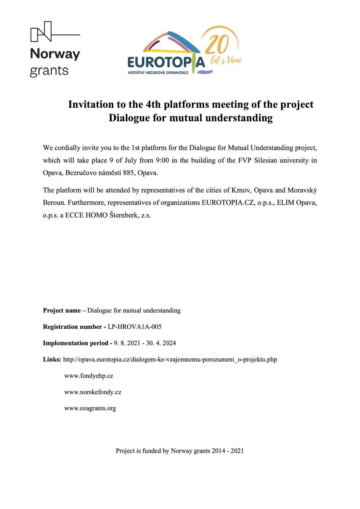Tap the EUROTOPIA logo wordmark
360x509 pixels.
point(166,63)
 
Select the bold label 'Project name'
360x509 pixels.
point(62,310)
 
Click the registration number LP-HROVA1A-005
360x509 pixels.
point(135,327)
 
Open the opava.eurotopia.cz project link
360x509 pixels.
point(170,359)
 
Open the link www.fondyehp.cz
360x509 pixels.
point(88,376)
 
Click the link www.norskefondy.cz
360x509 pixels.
point(93,392)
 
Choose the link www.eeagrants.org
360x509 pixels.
point(90,408)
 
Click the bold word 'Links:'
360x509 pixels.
point(52,359)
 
